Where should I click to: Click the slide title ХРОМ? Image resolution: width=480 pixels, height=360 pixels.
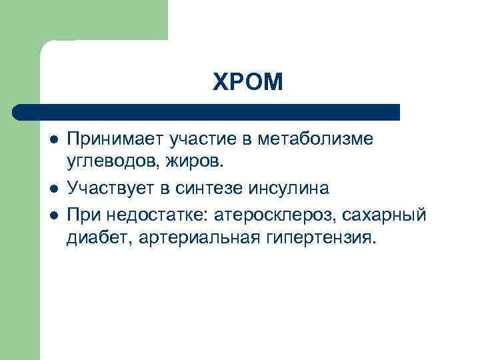point(248,83)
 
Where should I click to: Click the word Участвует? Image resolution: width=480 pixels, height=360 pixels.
point(110,189)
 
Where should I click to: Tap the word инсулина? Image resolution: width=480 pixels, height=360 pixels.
point(289,189)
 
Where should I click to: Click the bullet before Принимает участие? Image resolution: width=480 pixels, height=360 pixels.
point(53,140)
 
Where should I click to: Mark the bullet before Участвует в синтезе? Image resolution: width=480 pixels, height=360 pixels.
point(53,189)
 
